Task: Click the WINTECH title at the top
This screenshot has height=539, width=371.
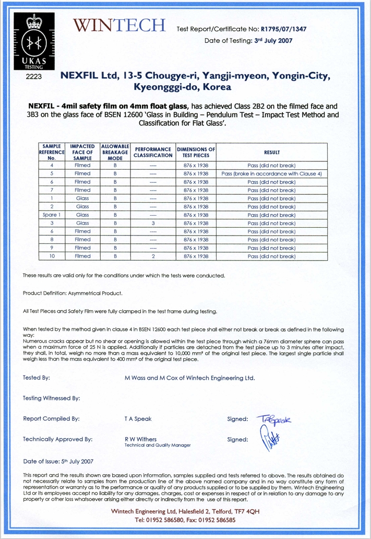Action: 119,25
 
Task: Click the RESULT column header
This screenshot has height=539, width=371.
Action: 271,152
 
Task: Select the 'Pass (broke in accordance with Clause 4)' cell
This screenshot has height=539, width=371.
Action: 271,173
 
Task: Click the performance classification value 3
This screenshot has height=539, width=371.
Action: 152,223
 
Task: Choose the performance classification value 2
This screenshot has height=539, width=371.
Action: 152,256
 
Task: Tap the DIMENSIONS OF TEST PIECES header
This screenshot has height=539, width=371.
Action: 196,152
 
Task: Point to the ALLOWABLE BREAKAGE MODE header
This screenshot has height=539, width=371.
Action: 115,152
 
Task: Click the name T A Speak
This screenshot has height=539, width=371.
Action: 138,419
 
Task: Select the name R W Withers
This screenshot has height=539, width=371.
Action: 140,439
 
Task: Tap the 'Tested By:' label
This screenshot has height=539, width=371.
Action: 37,378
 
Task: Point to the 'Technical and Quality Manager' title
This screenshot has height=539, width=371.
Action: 158,446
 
